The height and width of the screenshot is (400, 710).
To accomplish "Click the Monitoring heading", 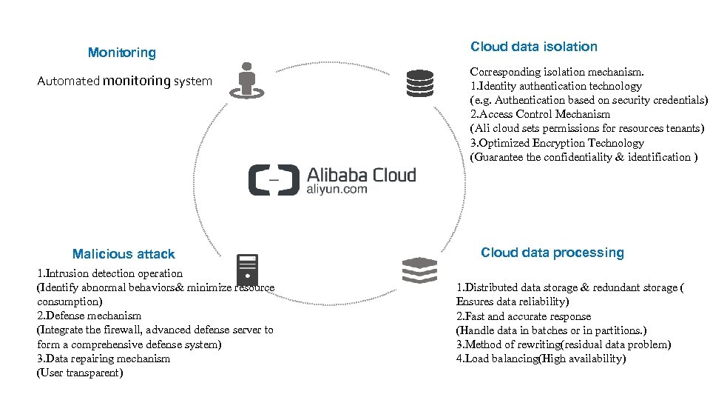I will (x=122, y=53).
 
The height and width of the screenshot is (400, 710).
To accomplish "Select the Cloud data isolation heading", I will (x=533, y=47).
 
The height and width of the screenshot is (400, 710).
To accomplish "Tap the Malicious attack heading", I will (x=124, y=254).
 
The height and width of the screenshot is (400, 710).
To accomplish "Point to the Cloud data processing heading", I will (x=552, y=253).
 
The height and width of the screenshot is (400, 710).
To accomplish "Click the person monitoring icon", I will (x=246, y=80).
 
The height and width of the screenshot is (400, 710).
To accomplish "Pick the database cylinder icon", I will (x=419, y=83).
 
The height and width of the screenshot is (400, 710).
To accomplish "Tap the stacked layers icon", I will (x=419, y=270).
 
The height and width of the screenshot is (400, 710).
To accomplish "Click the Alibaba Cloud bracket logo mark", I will (x=273, y=180).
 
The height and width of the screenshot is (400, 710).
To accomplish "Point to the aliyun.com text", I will (x=337, y=190).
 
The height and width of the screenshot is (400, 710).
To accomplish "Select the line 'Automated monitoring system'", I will (x=124, y=81).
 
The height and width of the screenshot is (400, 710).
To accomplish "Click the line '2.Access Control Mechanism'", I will (x=540, y=114).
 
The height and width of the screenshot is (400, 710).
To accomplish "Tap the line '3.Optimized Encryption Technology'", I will (x=557, y=143).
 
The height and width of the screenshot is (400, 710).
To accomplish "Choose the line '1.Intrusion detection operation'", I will (x=109, y=273).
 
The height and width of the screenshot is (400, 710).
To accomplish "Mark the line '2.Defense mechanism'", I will (x=89, y=316).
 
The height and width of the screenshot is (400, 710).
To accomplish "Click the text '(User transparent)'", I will (x=80, y=373).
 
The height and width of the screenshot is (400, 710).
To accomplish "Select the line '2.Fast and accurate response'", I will (x=524, y=316).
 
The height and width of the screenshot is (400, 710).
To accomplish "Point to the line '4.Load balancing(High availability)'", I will (x=541, y=359).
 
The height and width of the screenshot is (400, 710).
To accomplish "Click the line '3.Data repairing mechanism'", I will (x=104, y=359).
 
